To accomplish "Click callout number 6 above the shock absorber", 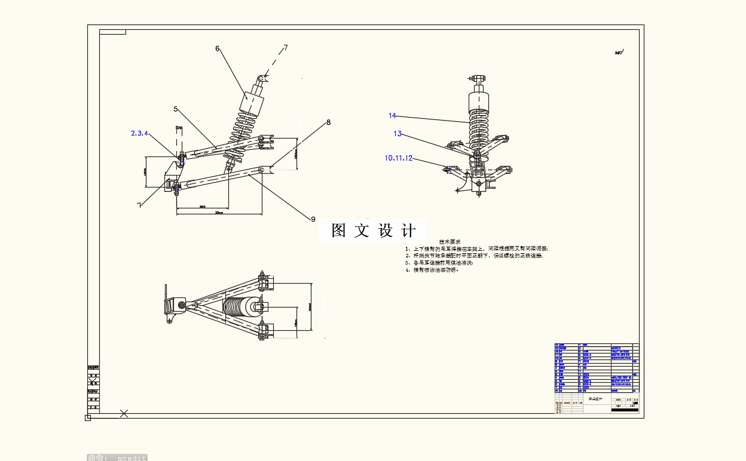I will click(218, 48).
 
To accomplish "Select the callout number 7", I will click(286, 48).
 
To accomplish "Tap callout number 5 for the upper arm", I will click(176, 109).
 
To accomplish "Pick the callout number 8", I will click(328, 122).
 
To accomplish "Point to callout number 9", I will click(313, 219).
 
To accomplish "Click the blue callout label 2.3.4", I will click(139, 133).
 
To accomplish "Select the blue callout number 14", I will click(392, 115).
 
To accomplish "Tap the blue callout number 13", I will click(398, 134).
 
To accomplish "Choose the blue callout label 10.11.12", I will click(399, 158).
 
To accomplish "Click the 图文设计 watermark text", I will click(373, 230).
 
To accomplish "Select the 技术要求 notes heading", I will click(450, 242).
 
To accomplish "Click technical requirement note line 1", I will click(476, 248).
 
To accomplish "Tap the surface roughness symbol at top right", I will click(619, 53).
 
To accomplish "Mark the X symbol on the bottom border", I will click(124, 413).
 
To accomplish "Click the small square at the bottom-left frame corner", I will click(88, 417).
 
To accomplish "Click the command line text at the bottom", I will click(117, 457).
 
